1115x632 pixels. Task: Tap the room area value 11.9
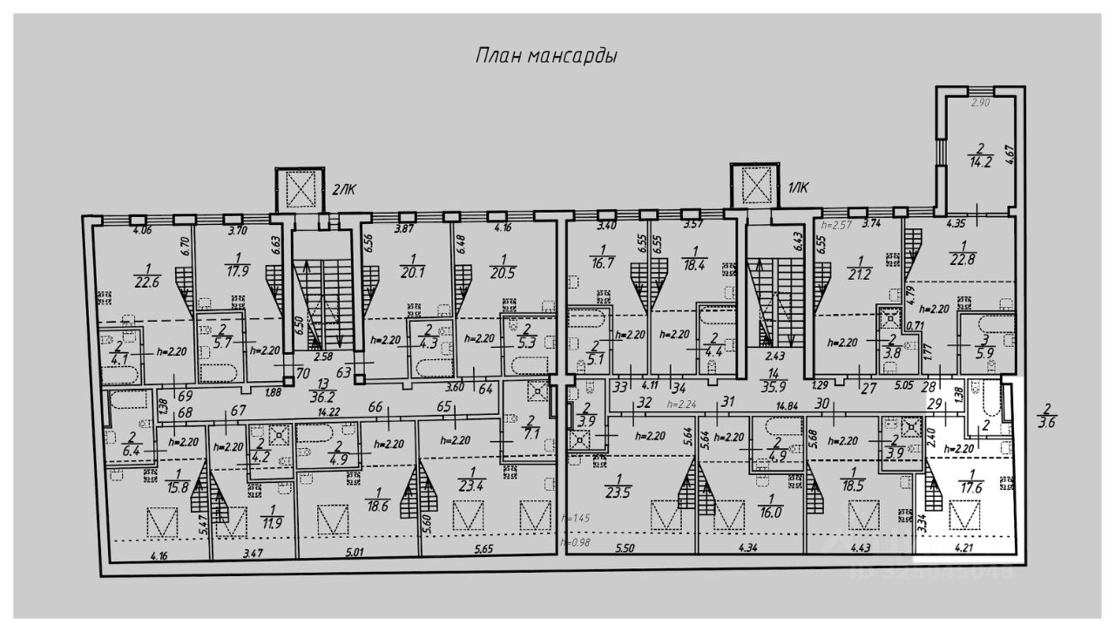(272, 523)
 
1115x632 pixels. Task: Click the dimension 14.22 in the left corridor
(328, 411)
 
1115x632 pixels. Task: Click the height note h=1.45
(576, 518)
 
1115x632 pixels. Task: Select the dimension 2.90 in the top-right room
(981, 104)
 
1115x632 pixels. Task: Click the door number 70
(302, 372)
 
